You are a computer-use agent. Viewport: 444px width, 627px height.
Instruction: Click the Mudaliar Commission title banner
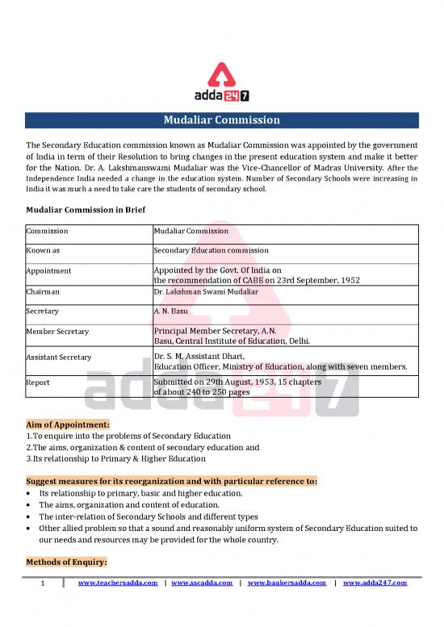(221, 120)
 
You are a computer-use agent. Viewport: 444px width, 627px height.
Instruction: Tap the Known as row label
(43, 251)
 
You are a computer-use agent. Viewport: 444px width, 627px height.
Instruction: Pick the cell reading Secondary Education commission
(212, 251)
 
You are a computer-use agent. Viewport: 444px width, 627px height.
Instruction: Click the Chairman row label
(44, 291)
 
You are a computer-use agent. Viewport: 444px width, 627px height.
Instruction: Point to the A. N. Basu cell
(172, 311)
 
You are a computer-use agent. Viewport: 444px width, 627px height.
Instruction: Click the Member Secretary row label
(57, 331)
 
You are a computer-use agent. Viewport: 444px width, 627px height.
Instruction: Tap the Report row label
(38, 382)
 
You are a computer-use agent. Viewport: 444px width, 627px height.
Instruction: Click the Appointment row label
(48, 271)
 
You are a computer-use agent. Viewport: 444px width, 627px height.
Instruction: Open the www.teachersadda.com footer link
(117, 583)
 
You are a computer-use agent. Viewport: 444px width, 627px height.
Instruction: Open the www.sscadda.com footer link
(202, 583)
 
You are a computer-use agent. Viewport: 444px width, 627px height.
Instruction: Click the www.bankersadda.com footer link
(287, 583)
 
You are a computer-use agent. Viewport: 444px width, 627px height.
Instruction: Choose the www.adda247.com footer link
(375, 583)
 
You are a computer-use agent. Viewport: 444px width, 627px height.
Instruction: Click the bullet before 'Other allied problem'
(30, 528)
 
